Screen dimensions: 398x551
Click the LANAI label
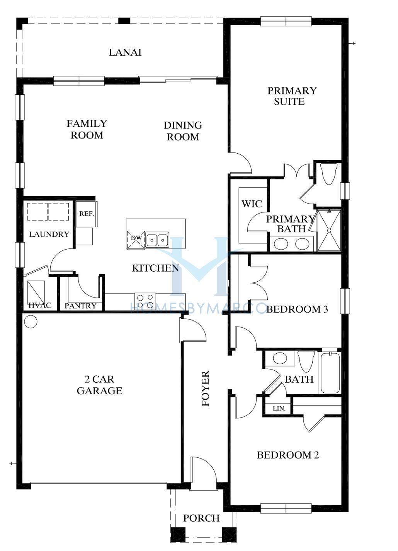point(125,52)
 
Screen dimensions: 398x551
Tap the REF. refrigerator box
point(86,214)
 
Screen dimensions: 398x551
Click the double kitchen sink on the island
point(157,239)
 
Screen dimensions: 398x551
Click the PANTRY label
point(80,306)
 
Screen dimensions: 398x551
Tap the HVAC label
point(40,305)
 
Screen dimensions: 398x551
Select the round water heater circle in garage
point(31,321)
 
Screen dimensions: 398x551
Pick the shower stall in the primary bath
point(329,230)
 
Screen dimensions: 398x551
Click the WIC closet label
point(252,204)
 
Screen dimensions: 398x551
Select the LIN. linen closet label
point(279,409)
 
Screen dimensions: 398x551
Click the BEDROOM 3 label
point(297,309)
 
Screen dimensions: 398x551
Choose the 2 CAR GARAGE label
point(100,385)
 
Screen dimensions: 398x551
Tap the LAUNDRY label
point(49,234)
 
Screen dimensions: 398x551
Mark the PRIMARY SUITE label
point(292,96)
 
